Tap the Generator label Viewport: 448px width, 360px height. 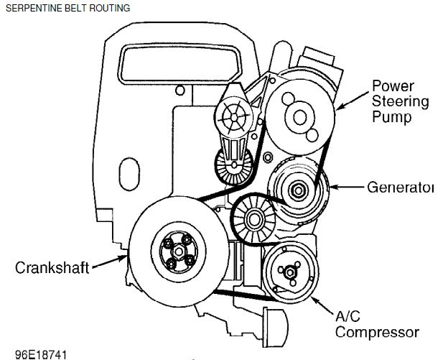[401, 188]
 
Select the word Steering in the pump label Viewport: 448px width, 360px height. [400, 101]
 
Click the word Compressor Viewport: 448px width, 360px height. [377, 332]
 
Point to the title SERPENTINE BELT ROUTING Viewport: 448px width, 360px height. [67, 8]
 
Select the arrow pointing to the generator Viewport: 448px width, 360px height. [344, 188]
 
